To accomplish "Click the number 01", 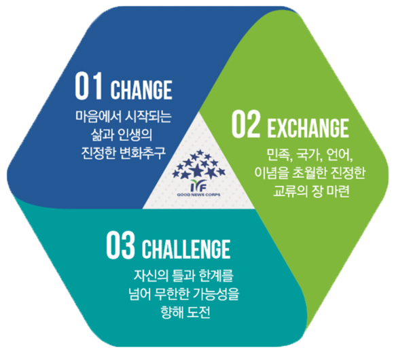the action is pyautogui.click(x=88, y=86).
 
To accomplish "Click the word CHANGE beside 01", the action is pyautogui.click(x=141, y=90).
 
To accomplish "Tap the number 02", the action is pyautogui.click(x=246, y=124).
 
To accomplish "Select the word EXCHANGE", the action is pyautogui.click(x=308, y=128).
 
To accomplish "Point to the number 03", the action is pyautogui.click(x=120, y=245).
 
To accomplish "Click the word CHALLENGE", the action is pyautogui.click(x=186, y=249).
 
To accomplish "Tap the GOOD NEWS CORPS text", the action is pyautogui.click(x=198, y=195).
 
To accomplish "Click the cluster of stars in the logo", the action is pyautogui.click(x=198, y=164).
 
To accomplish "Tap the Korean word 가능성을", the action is pyautogui.click(x=216, y=294).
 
